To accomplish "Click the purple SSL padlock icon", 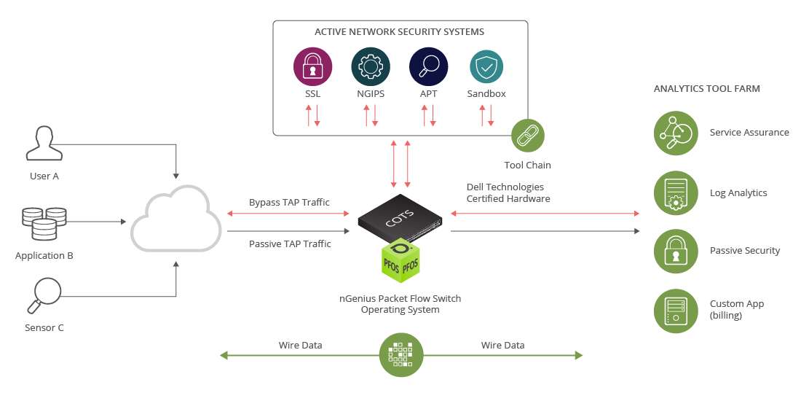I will (x=312, y=67).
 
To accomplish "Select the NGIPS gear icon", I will (x=370, y=67).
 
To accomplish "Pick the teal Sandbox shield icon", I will (x=486, y=67).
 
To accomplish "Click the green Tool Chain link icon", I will (x=527, y=136).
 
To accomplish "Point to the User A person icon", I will (x=44, y=143).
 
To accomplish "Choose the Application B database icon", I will (x=44, y=223).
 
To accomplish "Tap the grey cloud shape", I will (x=176, y=218).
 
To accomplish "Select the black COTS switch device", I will (x=400, y=217).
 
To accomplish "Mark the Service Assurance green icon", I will (x=676, y=133).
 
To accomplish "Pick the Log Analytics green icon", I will (x=676, y=193).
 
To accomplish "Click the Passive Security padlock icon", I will (x=676, y=251).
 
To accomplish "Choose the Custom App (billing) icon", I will (x=676, y=310).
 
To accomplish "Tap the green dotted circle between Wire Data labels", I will (x=402, y=355).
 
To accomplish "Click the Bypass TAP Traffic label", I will (x=289, y=202).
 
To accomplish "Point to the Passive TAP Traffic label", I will (x=290, y=244).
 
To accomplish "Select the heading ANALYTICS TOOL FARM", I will (x=706, y=89).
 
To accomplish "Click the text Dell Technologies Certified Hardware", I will (x=508, y=193).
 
